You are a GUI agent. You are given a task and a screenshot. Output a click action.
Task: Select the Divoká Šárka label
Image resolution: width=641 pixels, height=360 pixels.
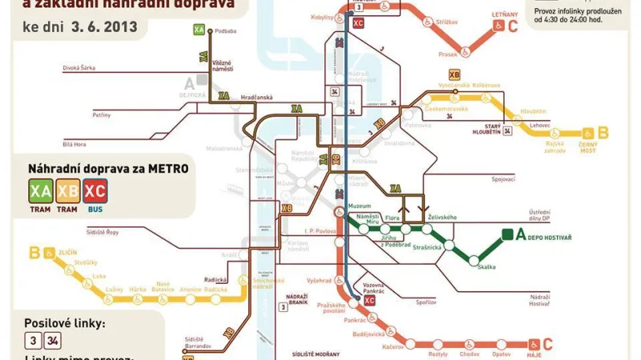79,68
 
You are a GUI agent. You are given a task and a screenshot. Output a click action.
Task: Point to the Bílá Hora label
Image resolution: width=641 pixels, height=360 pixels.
74,144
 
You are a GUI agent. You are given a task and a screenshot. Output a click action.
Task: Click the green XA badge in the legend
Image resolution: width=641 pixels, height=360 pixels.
40,191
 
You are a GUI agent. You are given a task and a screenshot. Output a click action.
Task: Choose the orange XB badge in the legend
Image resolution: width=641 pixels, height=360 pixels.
68,191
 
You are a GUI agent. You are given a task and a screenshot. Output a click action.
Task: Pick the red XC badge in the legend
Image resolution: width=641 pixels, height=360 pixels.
95,191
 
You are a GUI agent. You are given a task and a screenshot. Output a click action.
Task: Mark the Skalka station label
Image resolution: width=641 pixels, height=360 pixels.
486,265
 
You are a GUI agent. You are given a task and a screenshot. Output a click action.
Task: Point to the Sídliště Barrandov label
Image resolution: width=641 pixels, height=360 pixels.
197,343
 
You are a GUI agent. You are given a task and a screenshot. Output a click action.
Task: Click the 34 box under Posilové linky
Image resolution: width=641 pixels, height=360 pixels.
52,339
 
